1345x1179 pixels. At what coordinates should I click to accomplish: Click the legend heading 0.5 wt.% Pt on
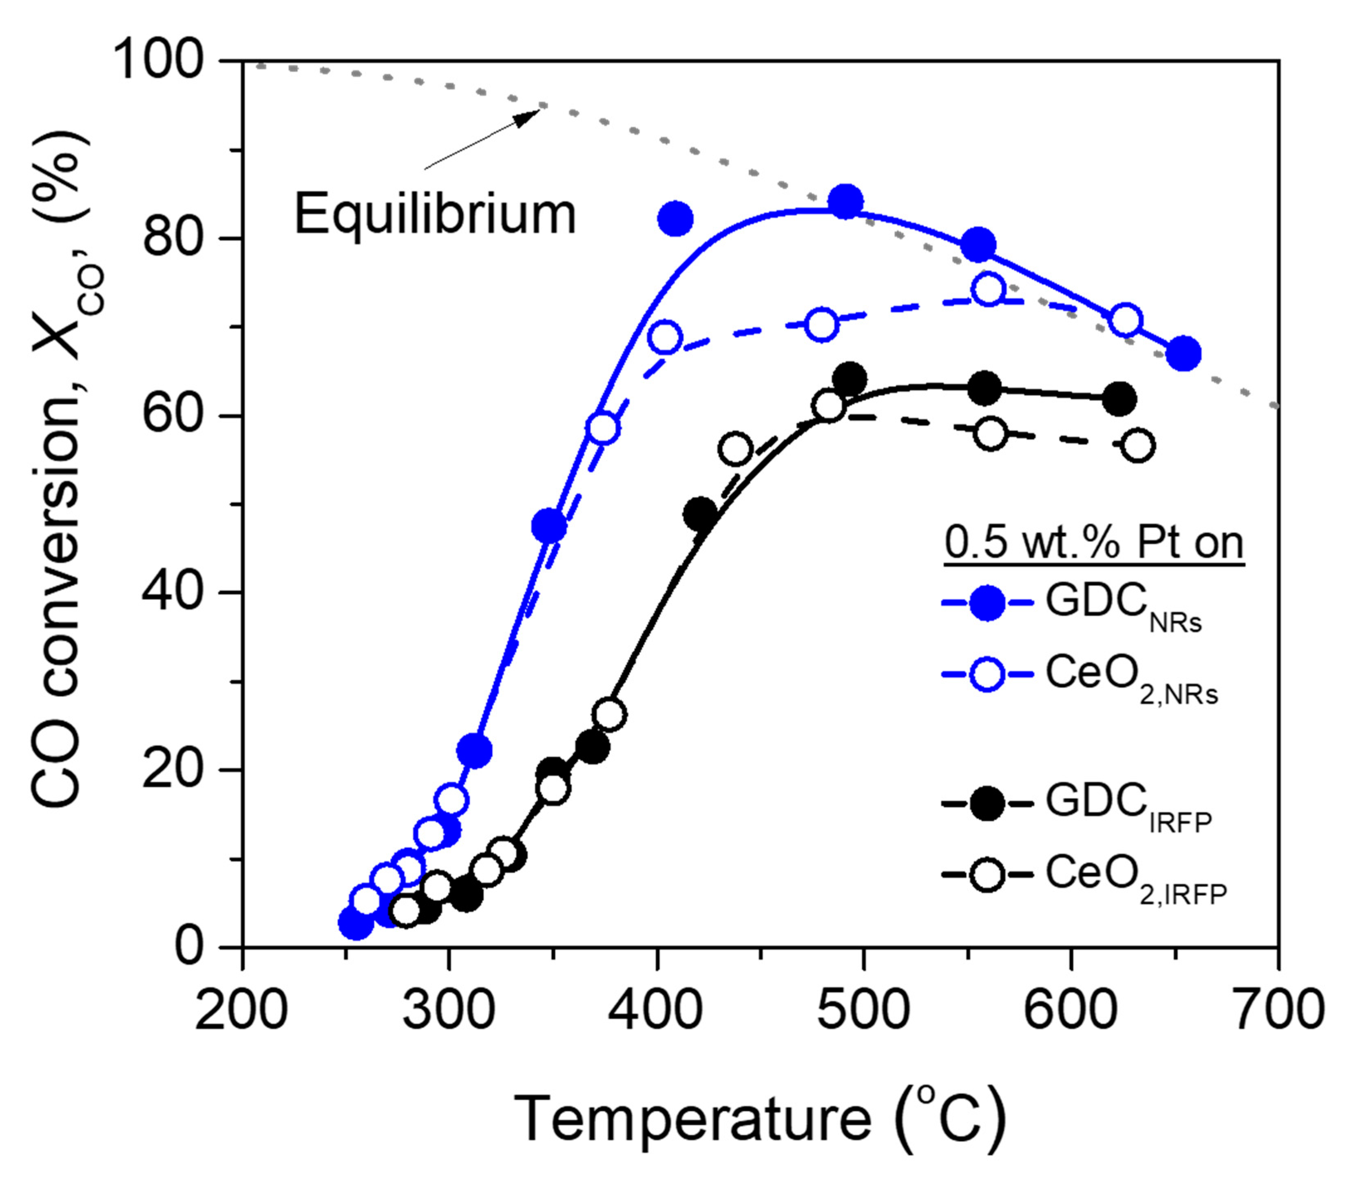click(x=1094, y=544)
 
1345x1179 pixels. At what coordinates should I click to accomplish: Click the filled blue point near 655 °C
click(x=1183, y=354)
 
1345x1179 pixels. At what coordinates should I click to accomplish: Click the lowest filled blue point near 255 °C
click(x=355, y=923)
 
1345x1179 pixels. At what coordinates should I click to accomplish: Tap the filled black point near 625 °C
click(x=1119, y=399)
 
